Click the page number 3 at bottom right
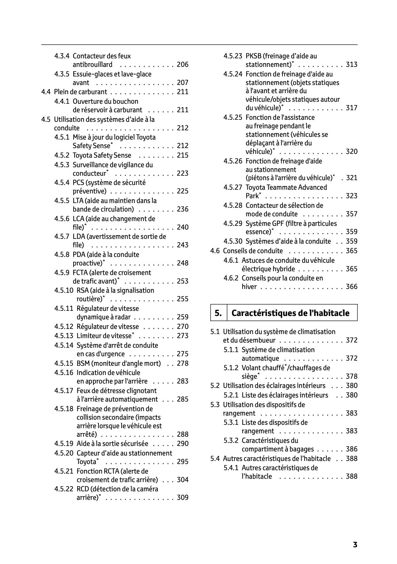coord(355,545)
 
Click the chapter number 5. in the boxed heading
coord(218,313)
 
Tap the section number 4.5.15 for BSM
coord(63,363)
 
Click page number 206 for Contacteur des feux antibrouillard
coord(182,64)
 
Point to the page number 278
coord(182,363)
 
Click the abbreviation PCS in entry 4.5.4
coord(78,183)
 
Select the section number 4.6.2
coord(231,278)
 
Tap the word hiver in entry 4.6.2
coord(249,287)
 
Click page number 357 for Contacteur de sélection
coord(351,214)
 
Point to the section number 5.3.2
coord(231,440)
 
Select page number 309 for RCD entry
coord(182,497)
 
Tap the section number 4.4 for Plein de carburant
coord(46,92)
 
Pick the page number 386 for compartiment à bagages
coord(351,449)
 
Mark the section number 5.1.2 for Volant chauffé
coord(231,368)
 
